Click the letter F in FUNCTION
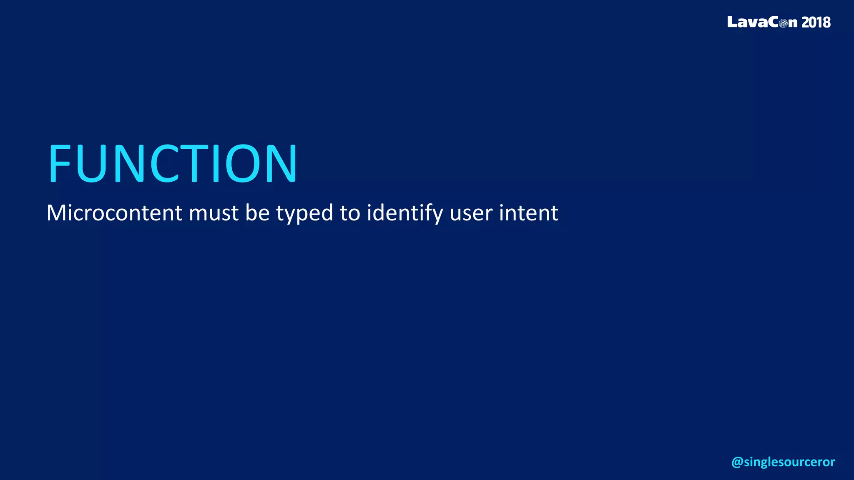[60, 163]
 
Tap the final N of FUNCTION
[281, 163]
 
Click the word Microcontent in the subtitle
[114, 213]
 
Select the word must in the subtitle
[214, 214]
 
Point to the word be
[257, 213]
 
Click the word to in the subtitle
[349, 213]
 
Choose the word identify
[404, 214]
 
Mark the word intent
[528, 213]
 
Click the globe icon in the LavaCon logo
[784, 23]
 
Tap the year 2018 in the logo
[816, 22]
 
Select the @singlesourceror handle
[783, 462]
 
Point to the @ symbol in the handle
[737, 462]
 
